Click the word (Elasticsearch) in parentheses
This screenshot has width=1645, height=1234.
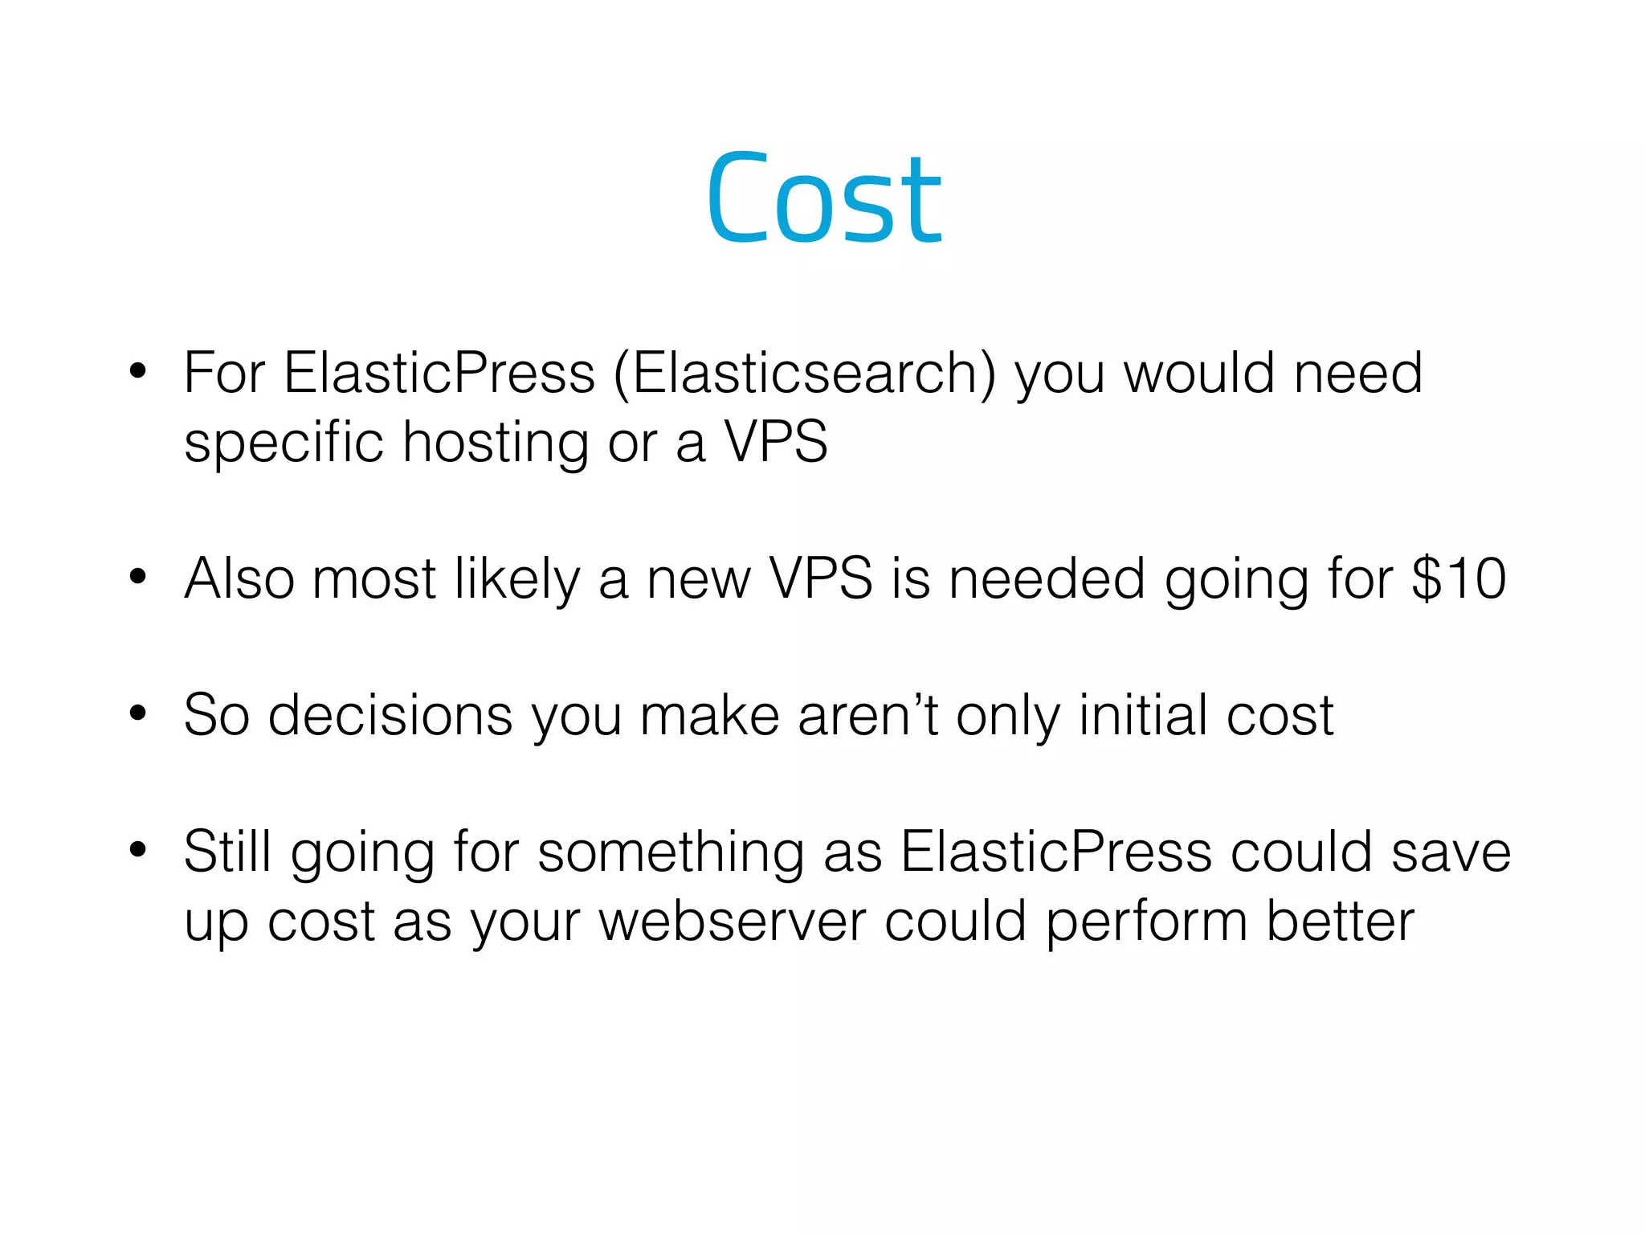pyautogui.click(x=804, y=373)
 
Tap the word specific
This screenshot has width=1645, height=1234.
pyautogui.click(x=284, y=443)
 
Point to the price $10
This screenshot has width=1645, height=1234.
pyautogui.click(x=1459, y=578)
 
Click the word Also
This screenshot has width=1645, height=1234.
pyautogui.click(x=239, y=578)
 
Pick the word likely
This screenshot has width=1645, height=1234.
pyautogui.click(x=516, y=580)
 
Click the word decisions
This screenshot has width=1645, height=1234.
pyautogui.click(x=390, y=715)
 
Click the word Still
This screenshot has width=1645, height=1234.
pyautogui.click(x=227, y=852)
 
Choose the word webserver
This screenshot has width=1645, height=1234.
pyautogui.click(x=733, y=921)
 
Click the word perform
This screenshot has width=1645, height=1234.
pyautogui.click(x=1146, y=921)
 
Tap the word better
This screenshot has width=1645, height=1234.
pyautogui.click(x=1340, y=921)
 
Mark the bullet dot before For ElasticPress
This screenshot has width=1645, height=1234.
pyautogui.click(x=138, y=371)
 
